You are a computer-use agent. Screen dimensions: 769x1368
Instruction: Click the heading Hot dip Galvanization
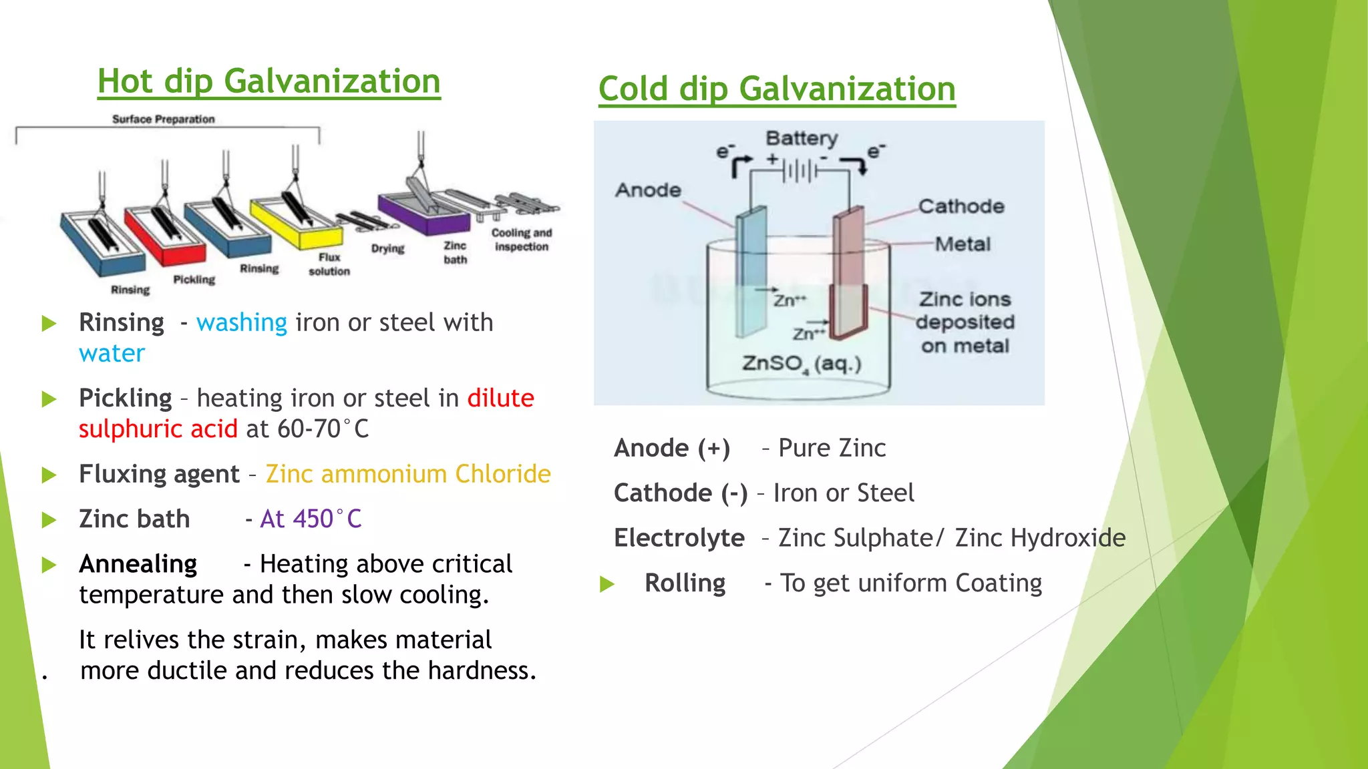[269, 81]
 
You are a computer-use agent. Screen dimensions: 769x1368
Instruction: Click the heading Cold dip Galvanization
[777, 89]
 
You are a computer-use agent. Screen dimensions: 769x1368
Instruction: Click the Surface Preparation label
[163, 119]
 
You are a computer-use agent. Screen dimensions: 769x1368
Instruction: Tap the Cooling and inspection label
[522, 240]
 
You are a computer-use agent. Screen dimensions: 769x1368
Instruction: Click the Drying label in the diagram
[388, 248]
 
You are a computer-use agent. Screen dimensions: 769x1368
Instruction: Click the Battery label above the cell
[801, 138]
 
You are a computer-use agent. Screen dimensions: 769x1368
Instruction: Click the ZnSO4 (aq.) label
[802, 364]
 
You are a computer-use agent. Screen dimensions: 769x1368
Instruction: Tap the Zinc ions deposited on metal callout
[965, 322]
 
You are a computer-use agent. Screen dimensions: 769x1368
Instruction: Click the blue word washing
[242, 322]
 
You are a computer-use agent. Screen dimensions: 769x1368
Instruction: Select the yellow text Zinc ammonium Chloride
[408, 474]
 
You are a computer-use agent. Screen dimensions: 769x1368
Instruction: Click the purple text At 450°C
[311, 519]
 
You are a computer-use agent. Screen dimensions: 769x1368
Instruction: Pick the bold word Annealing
[138, 564]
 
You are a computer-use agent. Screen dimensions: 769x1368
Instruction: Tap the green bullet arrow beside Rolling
[607, 584]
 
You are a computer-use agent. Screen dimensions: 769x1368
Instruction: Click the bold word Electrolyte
[679, 538]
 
